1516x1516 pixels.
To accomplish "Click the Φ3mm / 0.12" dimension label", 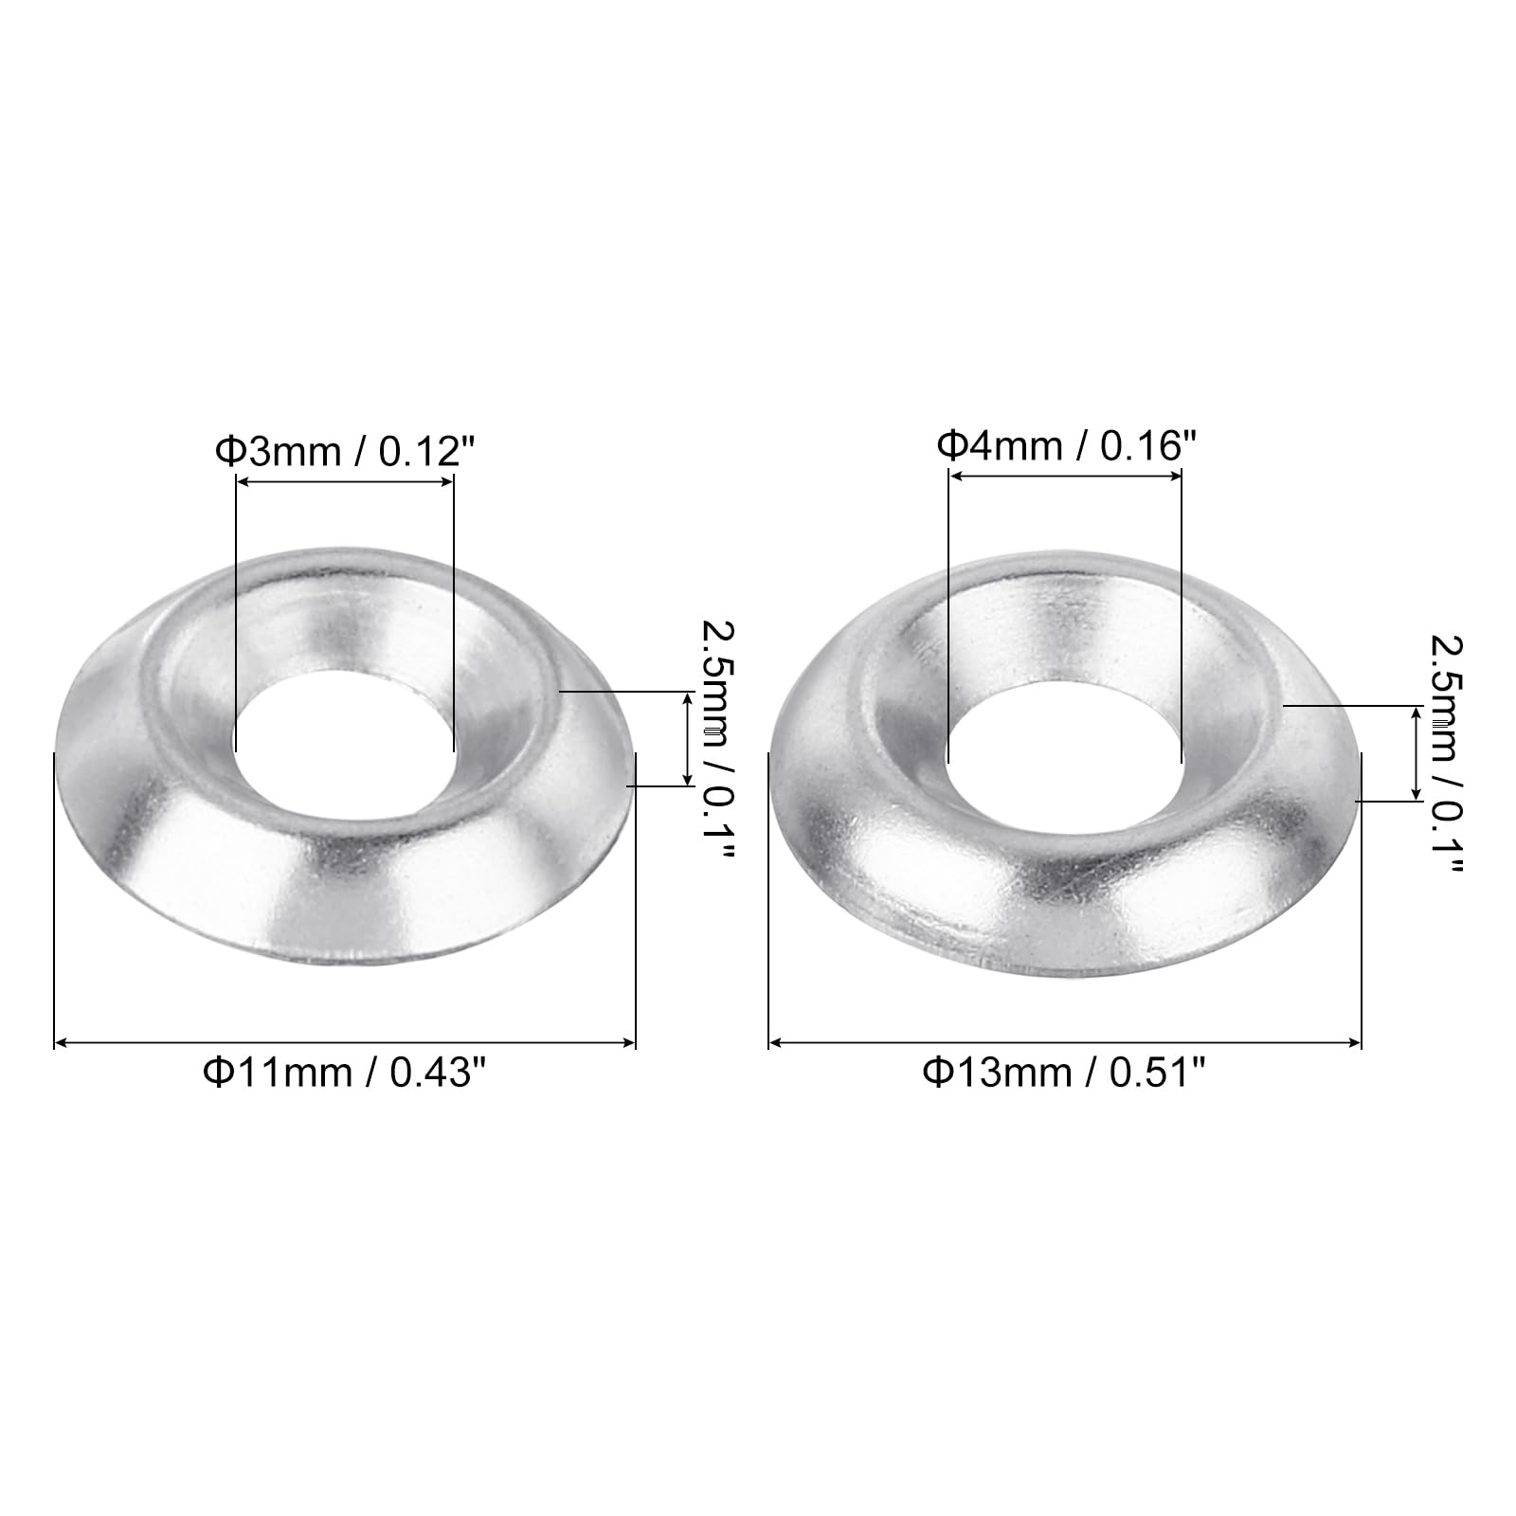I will tap(344, 452).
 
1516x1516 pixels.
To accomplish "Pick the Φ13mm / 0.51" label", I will tap(1064, 1073).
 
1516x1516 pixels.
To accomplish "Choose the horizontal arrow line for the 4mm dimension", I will tap(1064, 476).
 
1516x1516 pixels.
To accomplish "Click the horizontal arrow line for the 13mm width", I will tap(1064, 1043).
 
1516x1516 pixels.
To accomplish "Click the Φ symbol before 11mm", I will tap(217, 1073).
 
